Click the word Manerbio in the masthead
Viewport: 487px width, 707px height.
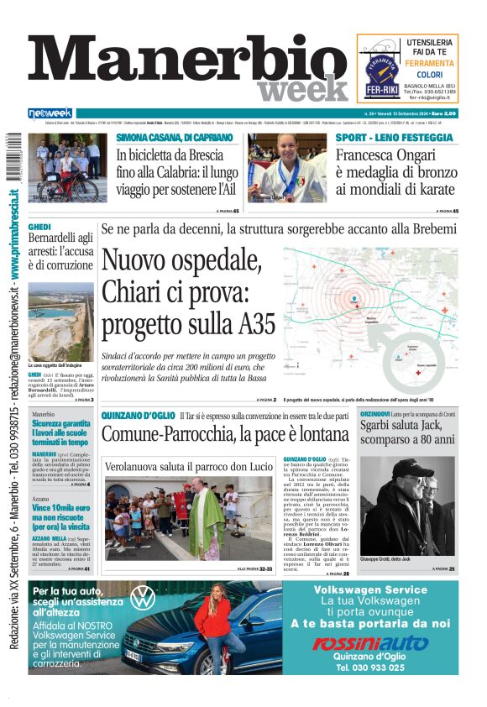[181, 61]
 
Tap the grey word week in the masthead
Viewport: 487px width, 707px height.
[302, 88]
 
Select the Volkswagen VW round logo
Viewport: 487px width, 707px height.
[143, 599]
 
